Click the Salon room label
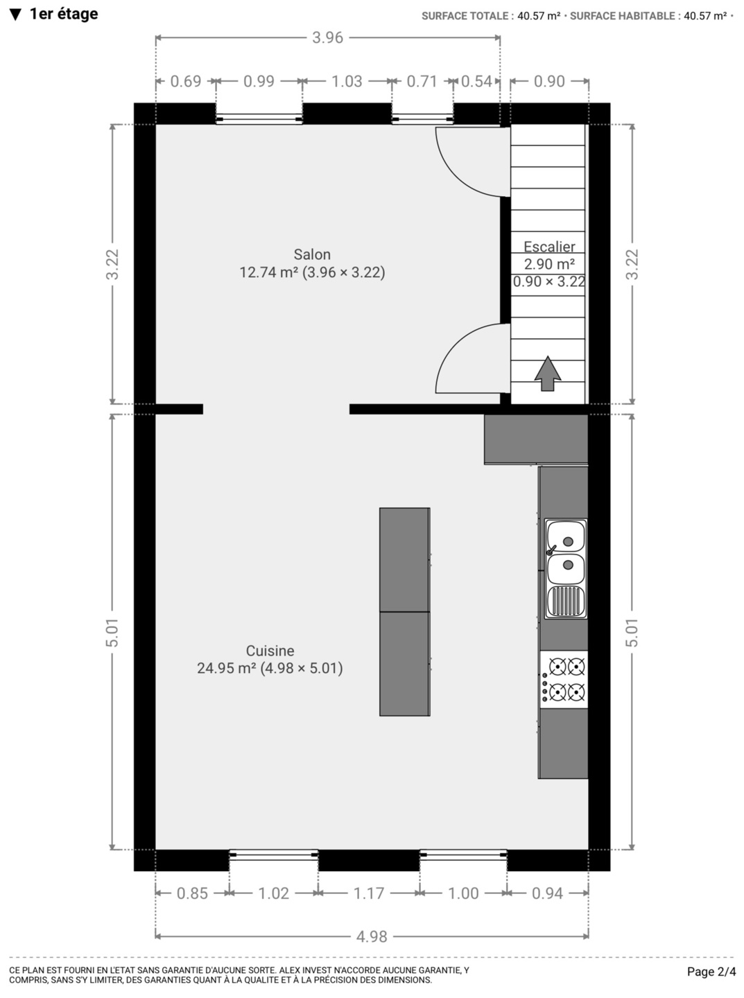point(312,254)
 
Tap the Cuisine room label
point(270,651)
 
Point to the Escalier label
point(549,247)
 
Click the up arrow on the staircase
point(548,374)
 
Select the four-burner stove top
point(564,679)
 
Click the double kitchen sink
point(566,569)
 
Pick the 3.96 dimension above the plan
point(327,38)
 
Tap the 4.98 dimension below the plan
point(372,936)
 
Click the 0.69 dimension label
point(186,82)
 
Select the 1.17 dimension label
point(369,893)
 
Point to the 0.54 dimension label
point(476,82)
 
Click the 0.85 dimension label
point(192,893)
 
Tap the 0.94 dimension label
point(548,893)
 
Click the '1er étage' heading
point(64,14)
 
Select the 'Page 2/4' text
point(711,972)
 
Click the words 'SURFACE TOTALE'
point(465,16)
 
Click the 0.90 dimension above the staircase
point(549,82)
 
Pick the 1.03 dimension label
point(347,82)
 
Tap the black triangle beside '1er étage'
point(16,15)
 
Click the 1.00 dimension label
point(463,893)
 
